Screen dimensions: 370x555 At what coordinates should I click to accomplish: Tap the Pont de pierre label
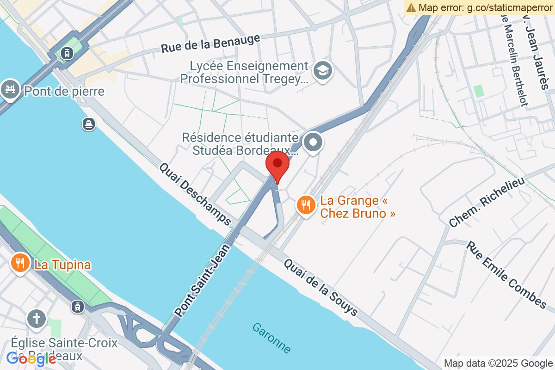[64, 91]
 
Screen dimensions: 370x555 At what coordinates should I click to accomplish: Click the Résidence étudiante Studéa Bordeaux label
[240, 144]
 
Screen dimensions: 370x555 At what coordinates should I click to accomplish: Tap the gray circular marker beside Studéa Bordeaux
[314, 142]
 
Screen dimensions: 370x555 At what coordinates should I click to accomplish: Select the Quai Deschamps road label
[196, 194]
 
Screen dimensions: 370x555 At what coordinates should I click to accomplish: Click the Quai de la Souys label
[321, 287]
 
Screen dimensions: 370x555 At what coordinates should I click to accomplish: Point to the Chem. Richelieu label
[487, 203]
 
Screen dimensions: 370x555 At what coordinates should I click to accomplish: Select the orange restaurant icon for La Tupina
[19, 264]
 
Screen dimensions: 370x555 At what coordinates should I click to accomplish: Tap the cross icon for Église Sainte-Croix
[36, 319]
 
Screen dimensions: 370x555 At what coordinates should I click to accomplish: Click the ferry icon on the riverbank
[89, 123]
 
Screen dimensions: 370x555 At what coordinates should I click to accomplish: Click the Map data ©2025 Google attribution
[498, 364]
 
